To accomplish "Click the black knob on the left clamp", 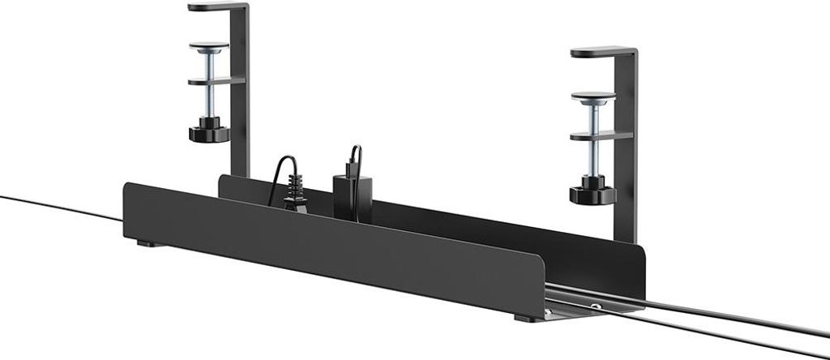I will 207,131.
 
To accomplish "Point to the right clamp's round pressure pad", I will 593,98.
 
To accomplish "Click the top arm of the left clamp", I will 213,7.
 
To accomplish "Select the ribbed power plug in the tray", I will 295,198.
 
